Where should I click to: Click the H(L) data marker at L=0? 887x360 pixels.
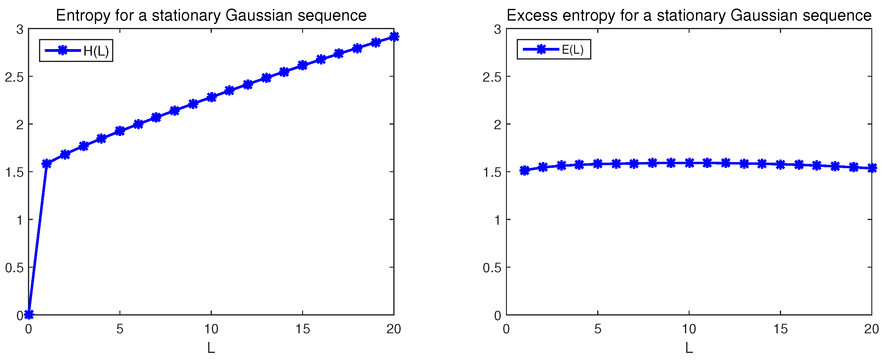coord(29,314)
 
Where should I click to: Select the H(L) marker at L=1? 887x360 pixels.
coord(47,164)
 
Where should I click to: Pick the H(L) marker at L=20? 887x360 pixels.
coord(394,37)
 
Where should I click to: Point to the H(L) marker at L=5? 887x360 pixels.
coord(120,131)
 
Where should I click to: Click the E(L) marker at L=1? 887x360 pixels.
coord(524,170)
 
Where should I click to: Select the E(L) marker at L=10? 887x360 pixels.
coord(689,163)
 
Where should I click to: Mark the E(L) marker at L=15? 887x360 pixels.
coord(780,165)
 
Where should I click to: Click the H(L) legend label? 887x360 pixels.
coord(96,51)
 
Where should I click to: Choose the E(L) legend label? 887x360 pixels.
coord(573,49)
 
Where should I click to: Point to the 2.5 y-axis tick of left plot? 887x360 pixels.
coord(14,77)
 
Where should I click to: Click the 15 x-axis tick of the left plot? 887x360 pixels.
coord(302,329)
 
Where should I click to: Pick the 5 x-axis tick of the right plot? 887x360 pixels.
coord(598,329)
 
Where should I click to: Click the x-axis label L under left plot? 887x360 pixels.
coord(211,348)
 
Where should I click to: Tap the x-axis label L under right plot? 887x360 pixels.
coord(689,348)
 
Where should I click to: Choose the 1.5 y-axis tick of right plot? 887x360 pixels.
coord(492,172)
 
